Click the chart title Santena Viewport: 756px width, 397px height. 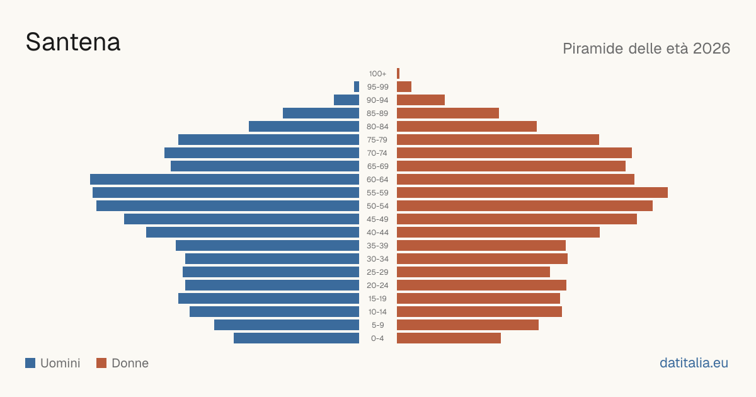coord(73,42)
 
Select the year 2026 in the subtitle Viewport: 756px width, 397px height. coord(711,49)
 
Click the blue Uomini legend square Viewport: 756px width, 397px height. coord(30,363)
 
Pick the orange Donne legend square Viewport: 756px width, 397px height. coord(101,363)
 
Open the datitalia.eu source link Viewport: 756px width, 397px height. coord(694,363)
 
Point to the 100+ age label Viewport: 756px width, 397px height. coord(377,74)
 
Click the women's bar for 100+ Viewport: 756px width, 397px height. coord(398,74)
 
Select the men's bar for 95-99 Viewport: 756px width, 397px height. coord(357,87)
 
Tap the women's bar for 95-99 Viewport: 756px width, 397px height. coord(404,87)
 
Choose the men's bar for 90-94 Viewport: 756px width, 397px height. coord(346,100)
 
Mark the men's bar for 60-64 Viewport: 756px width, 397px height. coord(224,179)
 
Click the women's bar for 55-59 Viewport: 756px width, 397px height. coord(532,192)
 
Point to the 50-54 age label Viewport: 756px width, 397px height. coord(377,206)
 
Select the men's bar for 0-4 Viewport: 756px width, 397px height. coord(296,338)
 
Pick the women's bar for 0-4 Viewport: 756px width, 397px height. coord(449,338)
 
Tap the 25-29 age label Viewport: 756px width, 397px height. coord(377,272)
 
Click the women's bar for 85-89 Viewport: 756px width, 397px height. coord(448,113)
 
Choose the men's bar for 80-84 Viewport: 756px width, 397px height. coord(304,126)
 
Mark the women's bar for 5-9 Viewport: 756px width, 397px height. coord(467,325)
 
